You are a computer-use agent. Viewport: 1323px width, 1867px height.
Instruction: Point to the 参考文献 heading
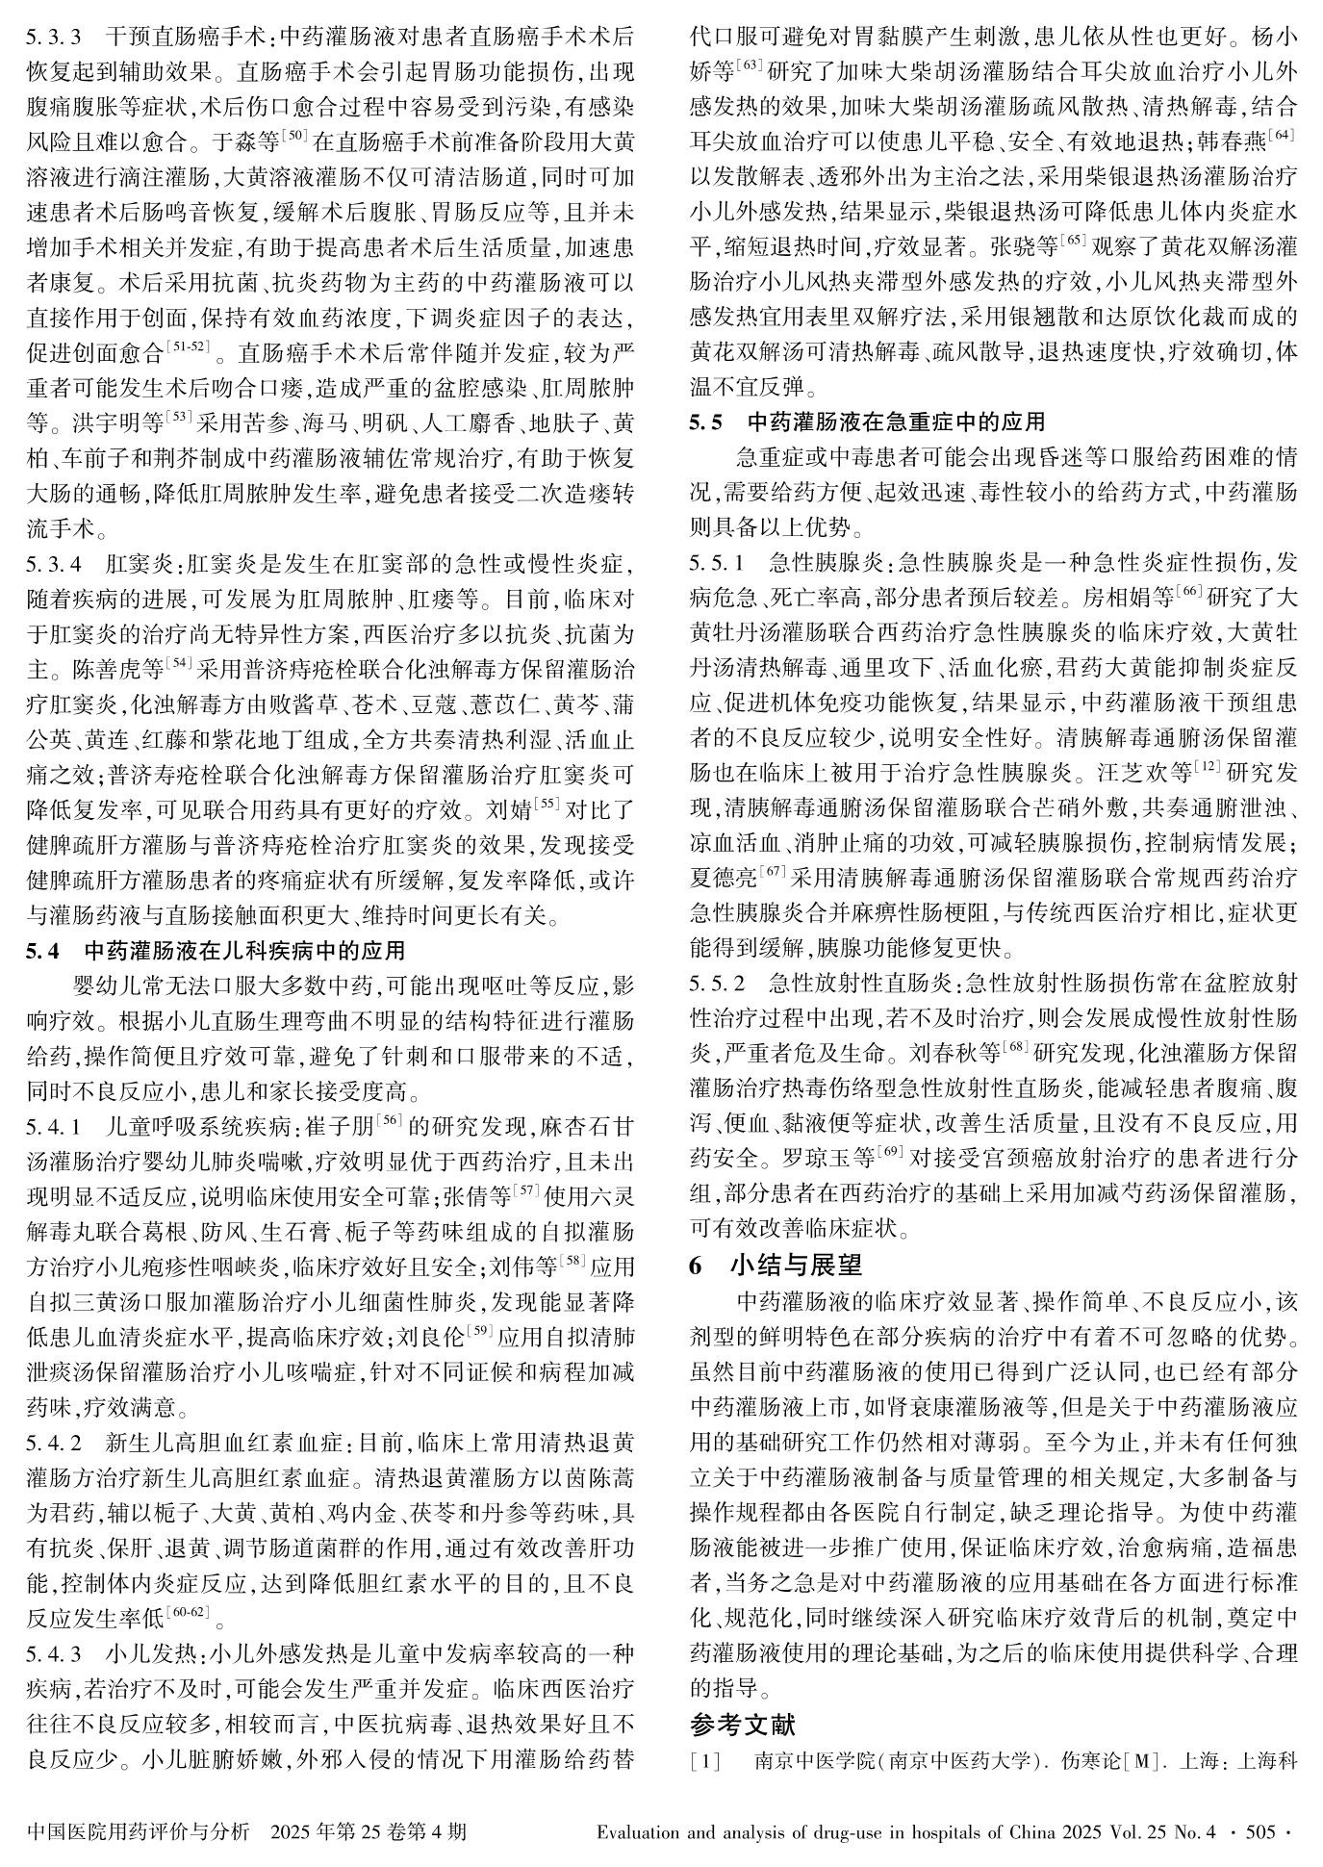[742, 1722]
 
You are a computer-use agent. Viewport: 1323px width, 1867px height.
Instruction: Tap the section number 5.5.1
[717, 562]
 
